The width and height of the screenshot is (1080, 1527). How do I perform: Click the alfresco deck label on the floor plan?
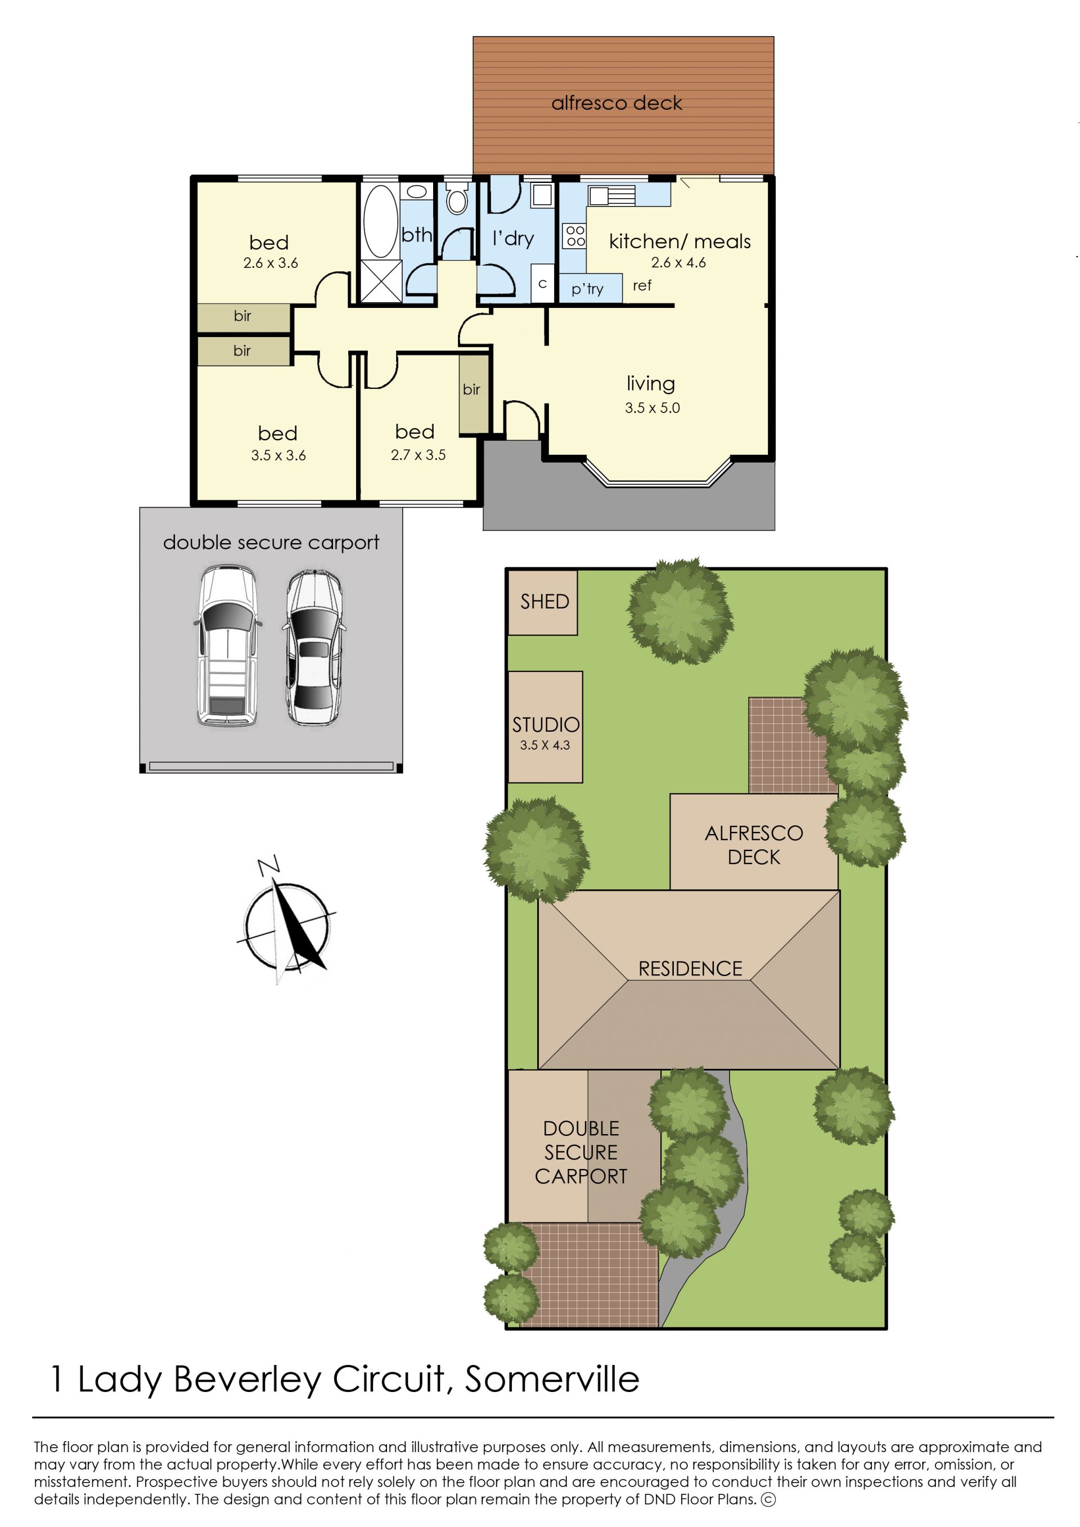pyautogui.click(x=616, y=103)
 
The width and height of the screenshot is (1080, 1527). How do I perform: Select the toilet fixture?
pyautogui.click(x=457, y=198)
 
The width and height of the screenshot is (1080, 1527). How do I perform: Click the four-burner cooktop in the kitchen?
pyautogui.click(x=574, y=235)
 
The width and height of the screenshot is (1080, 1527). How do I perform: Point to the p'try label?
pyautogui.click(x=587, y=289)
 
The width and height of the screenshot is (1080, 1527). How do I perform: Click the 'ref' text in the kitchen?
pyautogui.click(x=642, y=285)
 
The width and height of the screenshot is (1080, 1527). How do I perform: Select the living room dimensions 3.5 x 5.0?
pyautogui.click(x=652, y=408)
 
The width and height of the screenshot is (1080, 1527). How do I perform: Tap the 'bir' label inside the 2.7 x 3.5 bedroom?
pyautogui.click(x=471, y=389)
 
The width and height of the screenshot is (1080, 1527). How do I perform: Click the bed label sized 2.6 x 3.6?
pyautogui.click(x=269, y=242)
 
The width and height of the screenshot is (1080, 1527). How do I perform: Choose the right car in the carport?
pyautogui.click(x=314, y=647)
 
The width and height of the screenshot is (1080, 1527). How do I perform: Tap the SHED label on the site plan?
pyautogui.click(x=544, y=602)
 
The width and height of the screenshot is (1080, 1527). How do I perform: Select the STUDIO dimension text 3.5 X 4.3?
pyautogui.click(x=544, y=745)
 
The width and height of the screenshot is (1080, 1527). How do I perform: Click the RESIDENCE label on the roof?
pyautogui.click(x=690, y=969)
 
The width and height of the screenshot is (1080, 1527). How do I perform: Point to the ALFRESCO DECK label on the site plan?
pyautogui.click(x=754, y=845)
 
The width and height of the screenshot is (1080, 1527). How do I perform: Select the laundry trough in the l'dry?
pyautogui.click(x=543, y=194)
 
